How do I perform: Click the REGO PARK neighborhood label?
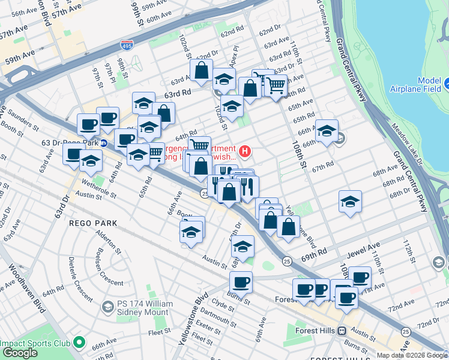click(x=92, y=223)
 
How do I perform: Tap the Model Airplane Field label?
click(x=421, y=85)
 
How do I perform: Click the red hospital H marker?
click(x=245, y=150)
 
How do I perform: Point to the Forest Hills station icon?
click(x=342, y=331)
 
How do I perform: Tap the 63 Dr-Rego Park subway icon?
click(x=103, y=143)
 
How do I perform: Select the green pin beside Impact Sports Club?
click(x=78, y=344)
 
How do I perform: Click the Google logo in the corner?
click(x=20, y=353)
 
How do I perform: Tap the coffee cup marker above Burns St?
click(x=241, y=282)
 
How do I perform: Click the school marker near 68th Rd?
click(x=349, y=202)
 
